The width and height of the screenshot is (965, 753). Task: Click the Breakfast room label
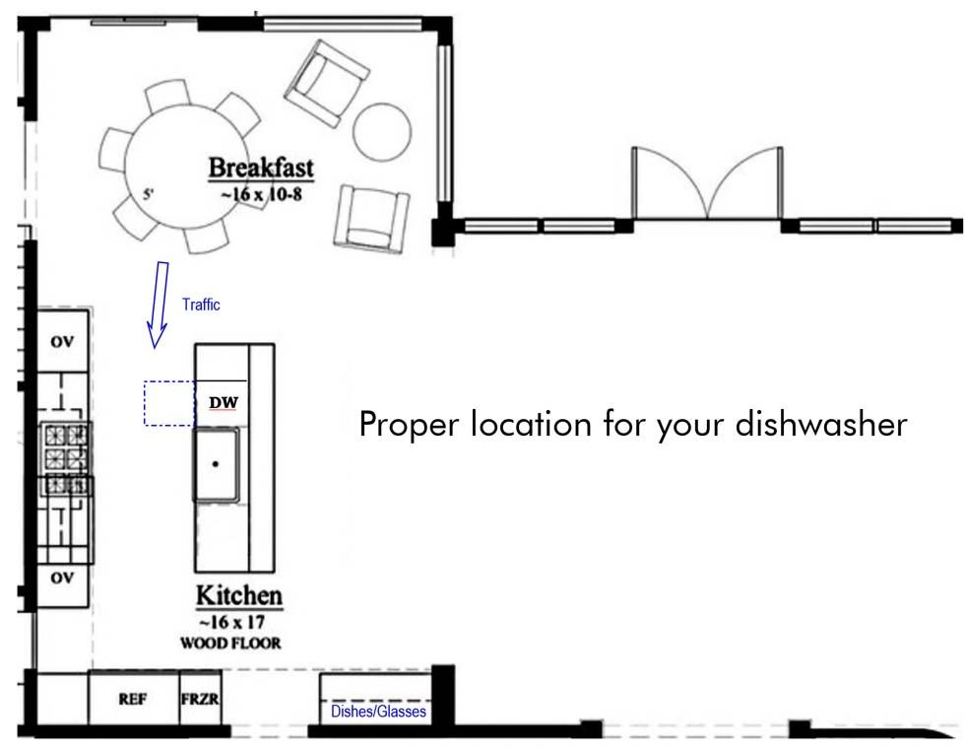261,168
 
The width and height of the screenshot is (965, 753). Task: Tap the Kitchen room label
238,595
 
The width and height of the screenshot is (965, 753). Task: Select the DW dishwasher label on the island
224,403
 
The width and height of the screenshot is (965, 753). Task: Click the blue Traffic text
201,305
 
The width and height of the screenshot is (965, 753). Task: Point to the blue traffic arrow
159,305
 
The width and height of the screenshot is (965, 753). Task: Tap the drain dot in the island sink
216,464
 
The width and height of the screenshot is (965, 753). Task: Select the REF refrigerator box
134,698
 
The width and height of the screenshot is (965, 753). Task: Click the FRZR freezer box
200,698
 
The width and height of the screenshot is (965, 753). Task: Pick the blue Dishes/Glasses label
378,712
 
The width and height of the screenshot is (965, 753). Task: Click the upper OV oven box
62,341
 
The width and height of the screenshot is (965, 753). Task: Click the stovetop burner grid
67,458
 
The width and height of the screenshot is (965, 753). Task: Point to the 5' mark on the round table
149,194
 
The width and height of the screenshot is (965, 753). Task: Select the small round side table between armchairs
382,132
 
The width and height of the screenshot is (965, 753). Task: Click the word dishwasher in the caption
821,424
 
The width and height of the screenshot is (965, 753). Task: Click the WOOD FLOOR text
230,644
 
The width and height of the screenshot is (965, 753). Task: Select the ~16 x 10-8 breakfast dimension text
262,195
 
